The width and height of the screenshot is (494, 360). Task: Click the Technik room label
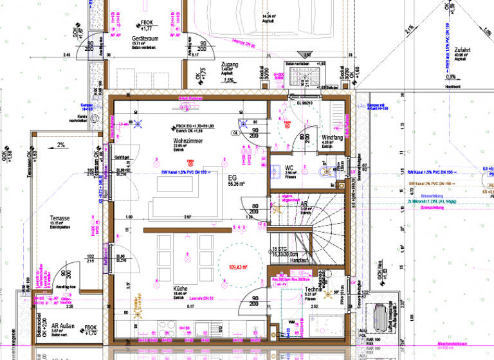[313, 290]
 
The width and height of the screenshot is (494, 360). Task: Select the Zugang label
[229, 65]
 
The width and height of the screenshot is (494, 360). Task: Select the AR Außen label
[64, 327]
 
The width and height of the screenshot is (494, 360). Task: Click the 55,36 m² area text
[233, 184]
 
